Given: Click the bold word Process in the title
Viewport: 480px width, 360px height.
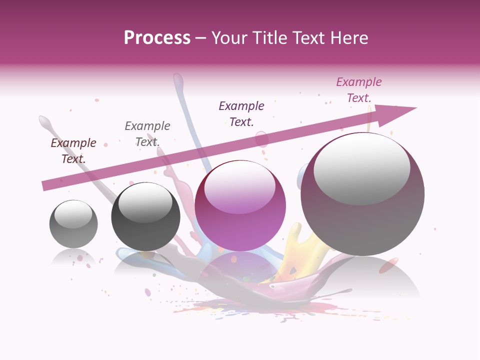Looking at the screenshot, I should [x=157, y=38].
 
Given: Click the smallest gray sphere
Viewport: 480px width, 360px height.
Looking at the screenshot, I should [x=73, y=224].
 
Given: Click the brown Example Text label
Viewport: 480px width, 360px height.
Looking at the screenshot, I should [x=73, y=151].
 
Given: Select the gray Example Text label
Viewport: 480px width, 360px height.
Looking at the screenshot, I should [x=147, y=134].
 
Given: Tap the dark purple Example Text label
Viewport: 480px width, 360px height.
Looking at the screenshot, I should [x=241, y=114].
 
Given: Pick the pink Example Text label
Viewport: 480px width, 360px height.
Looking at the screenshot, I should [x=359, y=90].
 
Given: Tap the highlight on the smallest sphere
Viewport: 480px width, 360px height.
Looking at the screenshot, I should [x=73, y=214].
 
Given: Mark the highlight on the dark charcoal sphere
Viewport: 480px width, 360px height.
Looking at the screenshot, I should [x=145, y=202].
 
